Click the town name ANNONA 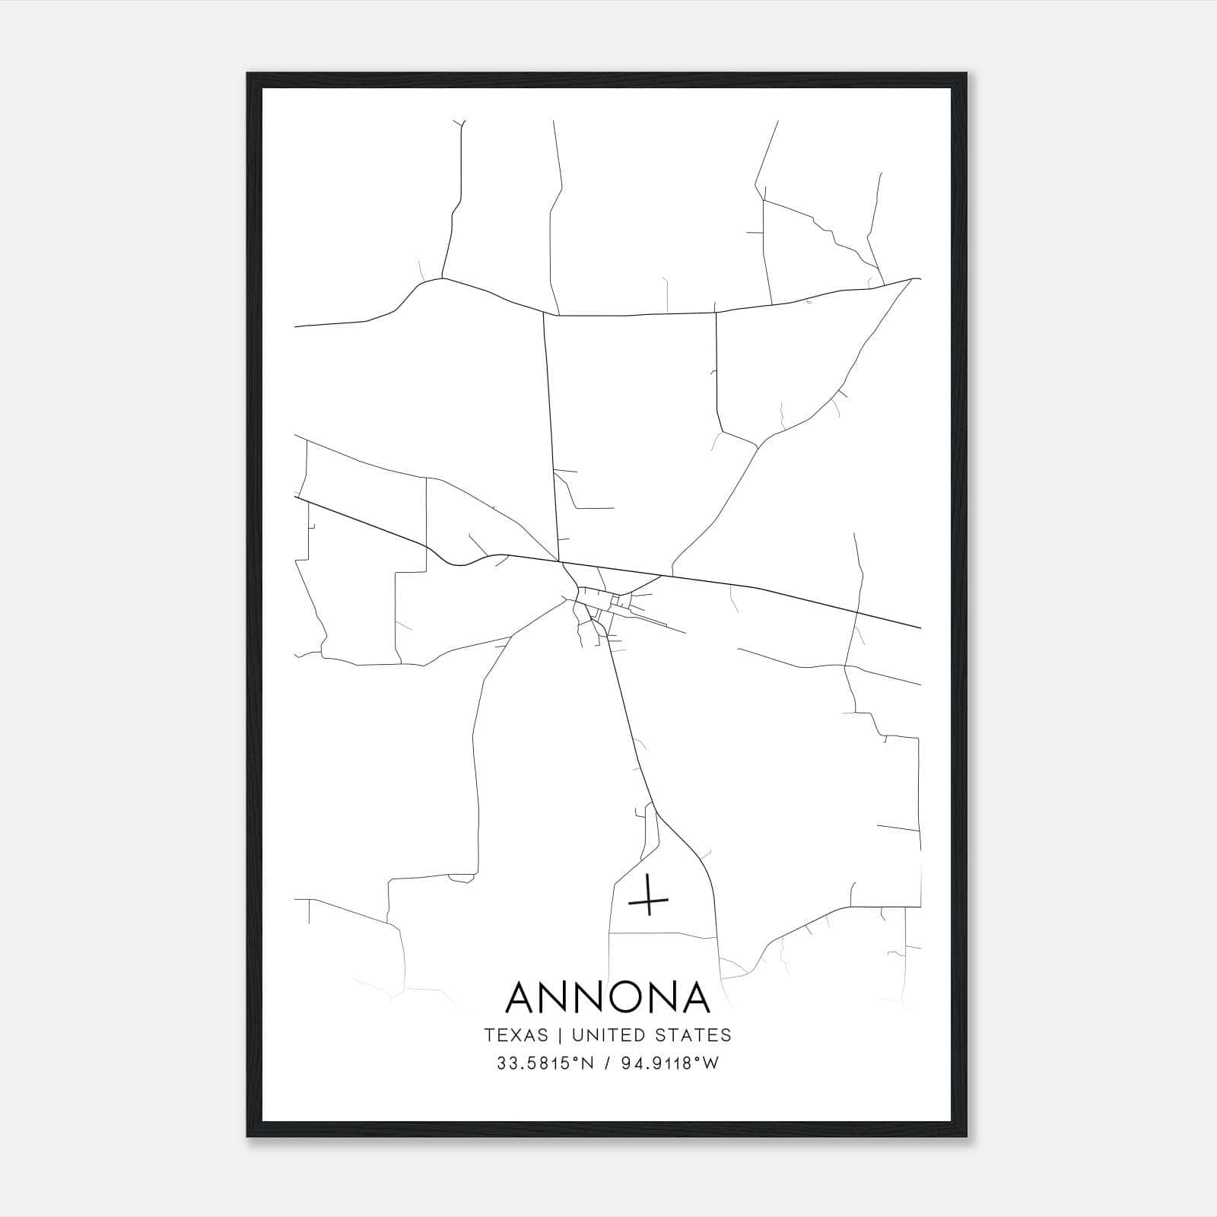608,996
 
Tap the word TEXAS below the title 516,1035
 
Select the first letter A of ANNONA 523,996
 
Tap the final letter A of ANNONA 694,996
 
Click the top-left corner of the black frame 249,75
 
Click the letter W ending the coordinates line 710,1063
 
